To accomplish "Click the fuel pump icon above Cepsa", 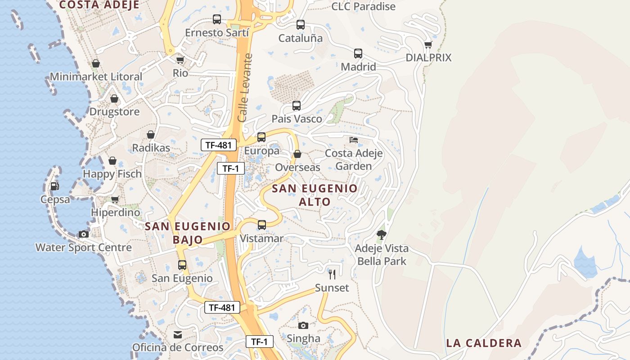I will (x=54, y=186).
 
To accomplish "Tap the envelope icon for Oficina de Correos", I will (x=178, y=335).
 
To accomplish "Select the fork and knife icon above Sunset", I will (x=332, y=274).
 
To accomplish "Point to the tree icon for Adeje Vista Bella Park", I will (x=382, y=235).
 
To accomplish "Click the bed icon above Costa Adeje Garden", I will (x=354, y=140).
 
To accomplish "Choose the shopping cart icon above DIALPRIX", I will (x=428, y=45).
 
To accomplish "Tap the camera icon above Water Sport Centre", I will (x=84, y=234).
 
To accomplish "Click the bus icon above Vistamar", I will (x=261, y=225).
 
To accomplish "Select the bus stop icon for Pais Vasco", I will (x=297, y=106).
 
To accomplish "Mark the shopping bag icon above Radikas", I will (x=151, y=135).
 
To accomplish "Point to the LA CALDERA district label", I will (x=484, y=343).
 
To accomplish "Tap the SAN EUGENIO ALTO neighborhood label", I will (x=315, y=195).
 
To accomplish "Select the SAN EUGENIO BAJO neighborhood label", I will (x=188, y=233).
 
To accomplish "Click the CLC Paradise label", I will (x=363, y=6).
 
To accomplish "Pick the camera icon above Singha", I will (x=303, y=325).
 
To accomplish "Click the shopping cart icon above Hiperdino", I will (x=115, y=199).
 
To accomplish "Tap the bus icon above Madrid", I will (x=358, y=54).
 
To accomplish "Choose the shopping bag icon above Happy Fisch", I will (x=112, y=161).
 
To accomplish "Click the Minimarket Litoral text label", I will (x=96, y=76).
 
